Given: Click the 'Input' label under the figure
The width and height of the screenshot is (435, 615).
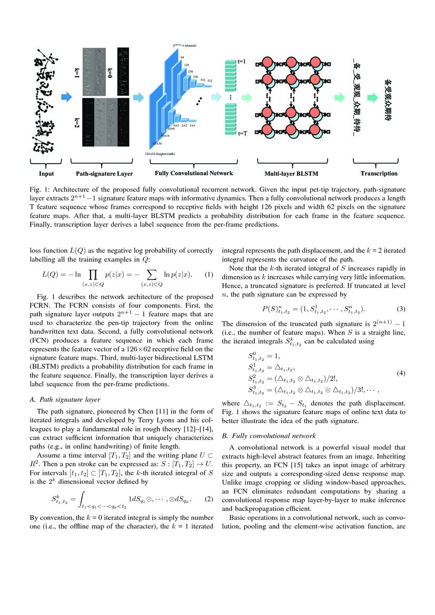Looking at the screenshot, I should [x=46, y=174].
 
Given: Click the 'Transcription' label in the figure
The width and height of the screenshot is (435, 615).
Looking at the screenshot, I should [x=379, y=174].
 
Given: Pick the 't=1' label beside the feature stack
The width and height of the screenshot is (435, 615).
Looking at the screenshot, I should [x=242, y=62].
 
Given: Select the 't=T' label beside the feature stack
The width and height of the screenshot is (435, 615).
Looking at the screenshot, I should [x=243, y=133].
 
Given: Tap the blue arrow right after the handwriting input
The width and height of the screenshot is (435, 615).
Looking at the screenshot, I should [x=66, y=97].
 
